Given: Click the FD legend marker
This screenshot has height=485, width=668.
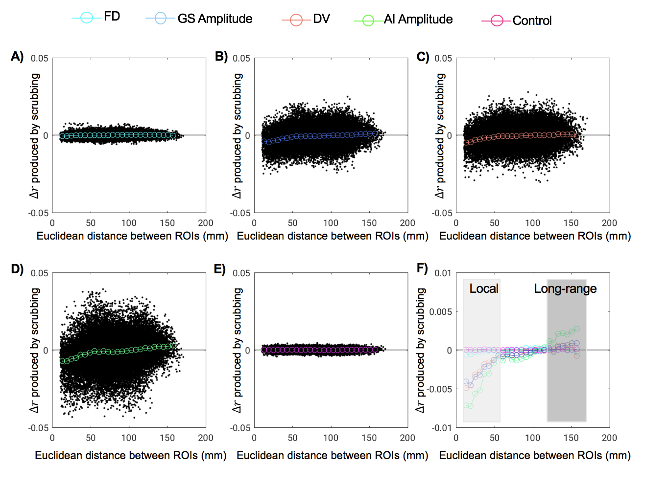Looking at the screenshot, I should (x=86, y=18).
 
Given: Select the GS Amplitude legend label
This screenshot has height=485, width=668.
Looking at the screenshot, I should (x=215, y=19).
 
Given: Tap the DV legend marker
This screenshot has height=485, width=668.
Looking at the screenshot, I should (x=296, y=20).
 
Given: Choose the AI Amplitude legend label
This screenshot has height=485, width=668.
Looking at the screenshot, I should (x=418, y=20).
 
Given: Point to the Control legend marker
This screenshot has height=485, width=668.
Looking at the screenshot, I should (x=497, y=21).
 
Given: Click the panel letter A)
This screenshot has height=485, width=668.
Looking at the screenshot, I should (x=17, y=57).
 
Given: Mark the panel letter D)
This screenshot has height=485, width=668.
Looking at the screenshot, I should (x=17, y=269).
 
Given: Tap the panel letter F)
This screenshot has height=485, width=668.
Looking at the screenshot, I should (x=422, y=268).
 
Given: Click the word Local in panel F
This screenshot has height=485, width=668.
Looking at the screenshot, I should (x=483, y=288).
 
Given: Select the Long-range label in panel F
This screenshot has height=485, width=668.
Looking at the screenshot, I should (x=565, y=288).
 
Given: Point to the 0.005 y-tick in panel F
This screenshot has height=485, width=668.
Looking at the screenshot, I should (x=440, y=312).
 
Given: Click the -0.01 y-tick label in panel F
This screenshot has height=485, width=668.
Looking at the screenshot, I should (x=442, y=428).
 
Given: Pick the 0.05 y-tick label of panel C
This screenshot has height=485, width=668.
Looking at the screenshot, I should (x=443, y=58).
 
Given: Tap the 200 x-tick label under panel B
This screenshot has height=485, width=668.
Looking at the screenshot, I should (x=407, y=223).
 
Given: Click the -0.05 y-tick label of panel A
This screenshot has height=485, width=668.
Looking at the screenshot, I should (x=38, y=213).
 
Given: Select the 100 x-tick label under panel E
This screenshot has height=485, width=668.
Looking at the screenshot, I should (x=331, y=438).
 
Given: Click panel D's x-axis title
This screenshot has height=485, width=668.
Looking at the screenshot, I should (x=131, y=456).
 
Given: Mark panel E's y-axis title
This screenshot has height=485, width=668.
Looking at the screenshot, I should (x=238, y=350).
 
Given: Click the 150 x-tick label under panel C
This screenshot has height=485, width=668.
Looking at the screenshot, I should (x=571, y=223).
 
